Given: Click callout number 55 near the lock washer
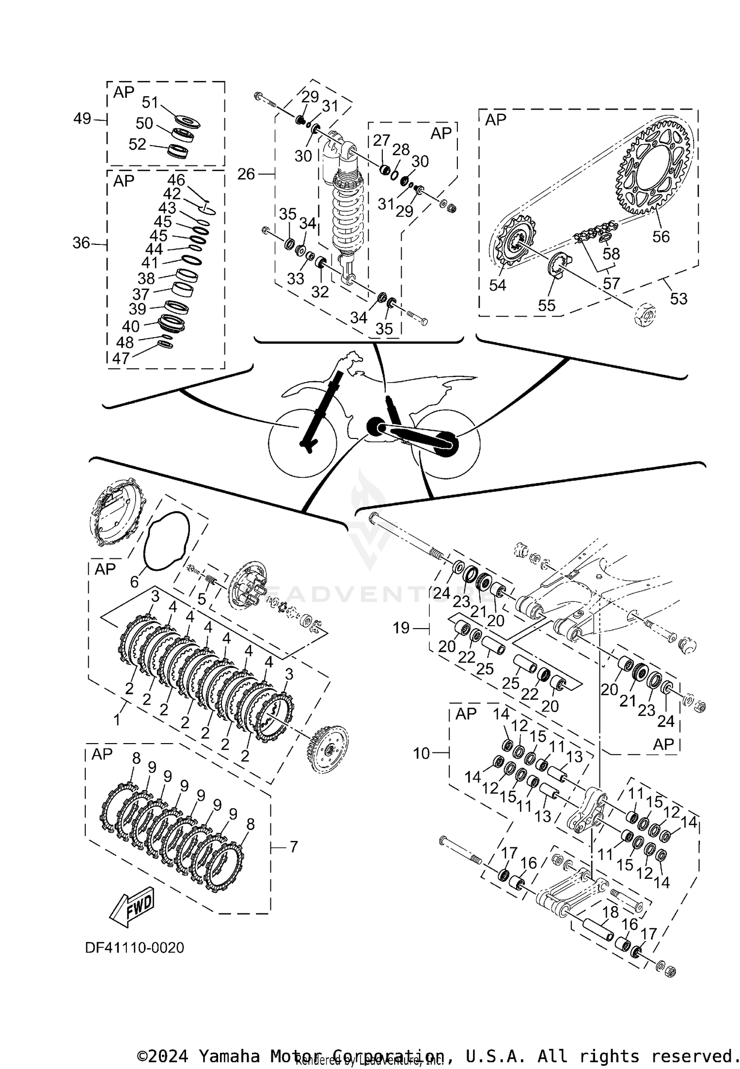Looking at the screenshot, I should coord(547,306).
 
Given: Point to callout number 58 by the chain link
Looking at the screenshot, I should coord(611,254).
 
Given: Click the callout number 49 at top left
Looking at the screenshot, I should coord(82,119).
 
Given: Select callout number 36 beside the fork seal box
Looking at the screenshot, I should coord(81,243).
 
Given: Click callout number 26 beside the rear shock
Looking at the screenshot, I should coord(246,174).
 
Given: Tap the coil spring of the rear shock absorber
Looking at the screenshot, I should coord(348,212).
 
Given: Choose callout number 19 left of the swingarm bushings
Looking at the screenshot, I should coord(402,628).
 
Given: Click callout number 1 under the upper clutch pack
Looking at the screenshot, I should coord(117,720).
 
